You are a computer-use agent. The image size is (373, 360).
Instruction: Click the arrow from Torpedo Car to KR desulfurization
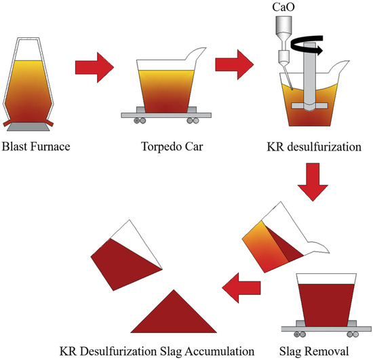tap(233, 68)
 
